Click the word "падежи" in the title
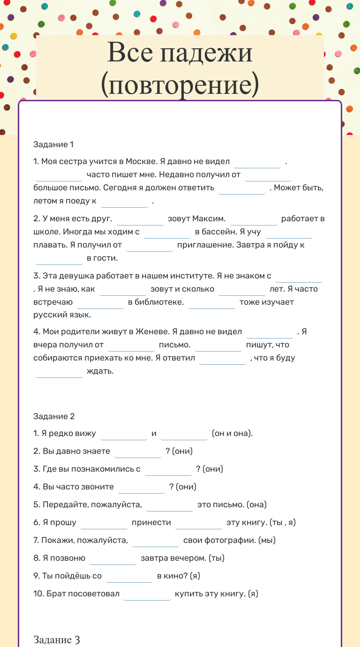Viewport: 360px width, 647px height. (206, 53)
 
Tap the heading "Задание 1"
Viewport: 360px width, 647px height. (53, 144)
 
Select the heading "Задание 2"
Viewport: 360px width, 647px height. (54, 416)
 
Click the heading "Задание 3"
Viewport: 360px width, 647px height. (56, 639)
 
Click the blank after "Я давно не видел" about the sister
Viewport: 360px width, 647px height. (257, 162)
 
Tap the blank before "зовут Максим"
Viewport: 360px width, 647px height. (140, 219)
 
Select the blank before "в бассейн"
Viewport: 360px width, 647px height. (167, 233)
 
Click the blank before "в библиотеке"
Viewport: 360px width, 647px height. (100, 303)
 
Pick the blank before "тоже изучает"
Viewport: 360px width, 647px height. (212, 303)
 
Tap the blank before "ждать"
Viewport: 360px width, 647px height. (59, 372)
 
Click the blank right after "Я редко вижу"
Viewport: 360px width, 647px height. (124, 434)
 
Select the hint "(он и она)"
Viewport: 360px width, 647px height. (232, 433)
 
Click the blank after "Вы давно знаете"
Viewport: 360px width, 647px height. (138, 452)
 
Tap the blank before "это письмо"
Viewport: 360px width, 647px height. (170, 505)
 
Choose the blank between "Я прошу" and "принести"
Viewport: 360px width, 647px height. (104, 523)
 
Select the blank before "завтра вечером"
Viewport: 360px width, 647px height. (113, 559)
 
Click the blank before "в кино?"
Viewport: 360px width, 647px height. (129, 577)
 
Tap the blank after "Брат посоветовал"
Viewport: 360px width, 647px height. (147, 594)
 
